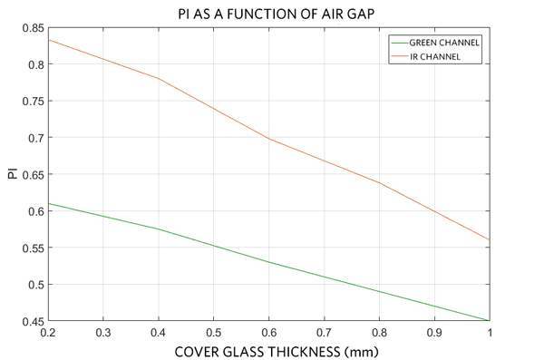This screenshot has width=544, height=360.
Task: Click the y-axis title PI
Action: (x=12, y=173)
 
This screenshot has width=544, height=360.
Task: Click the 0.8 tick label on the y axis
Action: (x=34, y=64)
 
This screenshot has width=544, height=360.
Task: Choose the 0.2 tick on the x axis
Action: (x=49, y=332)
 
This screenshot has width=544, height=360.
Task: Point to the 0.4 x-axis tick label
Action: (x=160, y=332)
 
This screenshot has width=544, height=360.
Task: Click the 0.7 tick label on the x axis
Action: (x=325, y=332)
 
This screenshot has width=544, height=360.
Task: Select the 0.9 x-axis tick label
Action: (x=435, y=332)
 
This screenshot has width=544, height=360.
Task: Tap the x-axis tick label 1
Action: (x=490, y=332)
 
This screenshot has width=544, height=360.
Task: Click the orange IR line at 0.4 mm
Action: (x=160, y=79)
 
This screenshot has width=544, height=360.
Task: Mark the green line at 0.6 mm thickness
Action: (x=269, y=262)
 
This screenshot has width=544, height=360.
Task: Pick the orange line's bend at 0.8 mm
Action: (x=380, y=182)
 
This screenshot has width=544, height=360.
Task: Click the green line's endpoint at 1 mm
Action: (x=490, y=320)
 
